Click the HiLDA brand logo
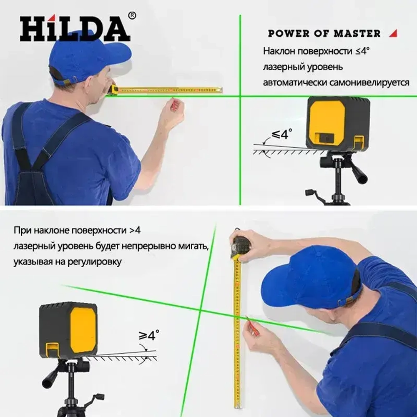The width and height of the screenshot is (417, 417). (75, 28)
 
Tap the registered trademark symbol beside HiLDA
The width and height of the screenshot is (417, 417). (132, 16)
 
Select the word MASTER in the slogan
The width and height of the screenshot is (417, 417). (357, 33)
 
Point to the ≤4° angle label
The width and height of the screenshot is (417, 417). (282, 134)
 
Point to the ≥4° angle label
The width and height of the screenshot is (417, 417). (149, 335)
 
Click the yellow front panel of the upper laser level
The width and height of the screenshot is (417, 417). (327, 121)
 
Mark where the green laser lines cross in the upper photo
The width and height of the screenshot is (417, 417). (240, 96)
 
